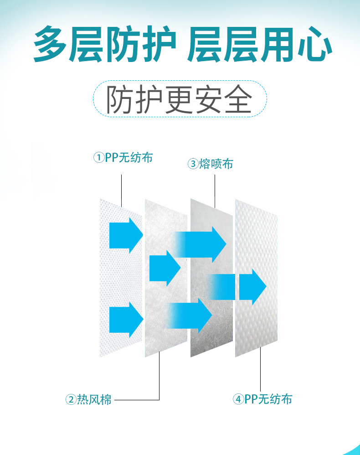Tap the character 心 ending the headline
coord(315,44)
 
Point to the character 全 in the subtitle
coord(238,99)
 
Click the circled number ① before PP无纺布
coord(98,158)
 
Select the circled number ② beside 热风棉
coord(71,399)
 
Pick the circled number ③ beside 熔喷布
coord(193,164)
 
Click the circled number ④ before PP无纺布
coord(238,399)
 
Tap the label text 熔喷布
coord(216,164)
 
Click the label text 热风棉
coord(94,399)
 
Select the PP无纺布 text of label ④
coord(268,399)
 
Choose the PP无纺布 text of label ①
coord(129,158)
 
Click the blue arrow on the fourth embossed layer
coord(252,287)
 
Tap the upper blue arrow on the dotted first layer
coord(126,235)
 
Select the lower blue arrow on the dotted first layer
coord(126,320)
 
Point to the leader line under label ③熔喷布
coord(215,191)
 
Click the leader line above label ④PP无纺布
coord(260,369)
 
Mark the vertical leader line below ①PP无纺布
coord(121,191)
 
